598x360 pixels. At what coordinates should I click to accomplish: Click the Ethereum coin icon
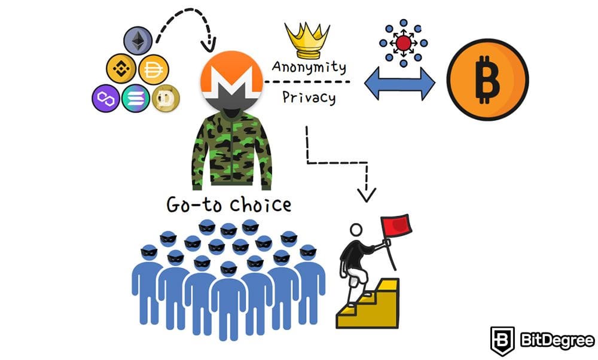coord(138,41)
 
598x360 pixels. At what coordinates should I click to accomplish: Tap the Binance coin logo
coord(121,69)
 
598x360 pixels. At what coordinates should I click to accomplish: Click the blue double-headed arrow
coord(401,84)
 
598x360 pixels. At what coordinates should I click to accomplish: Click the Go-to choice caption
coord(229,205)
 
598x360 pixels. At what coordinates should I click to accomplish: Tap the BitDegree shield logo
coord(501,340)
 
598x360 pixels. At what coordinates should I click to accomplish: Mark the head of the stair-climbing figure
coord(356,230)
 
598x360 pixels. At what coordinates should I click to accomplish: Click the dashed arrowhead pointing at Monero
coord(210,45)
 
